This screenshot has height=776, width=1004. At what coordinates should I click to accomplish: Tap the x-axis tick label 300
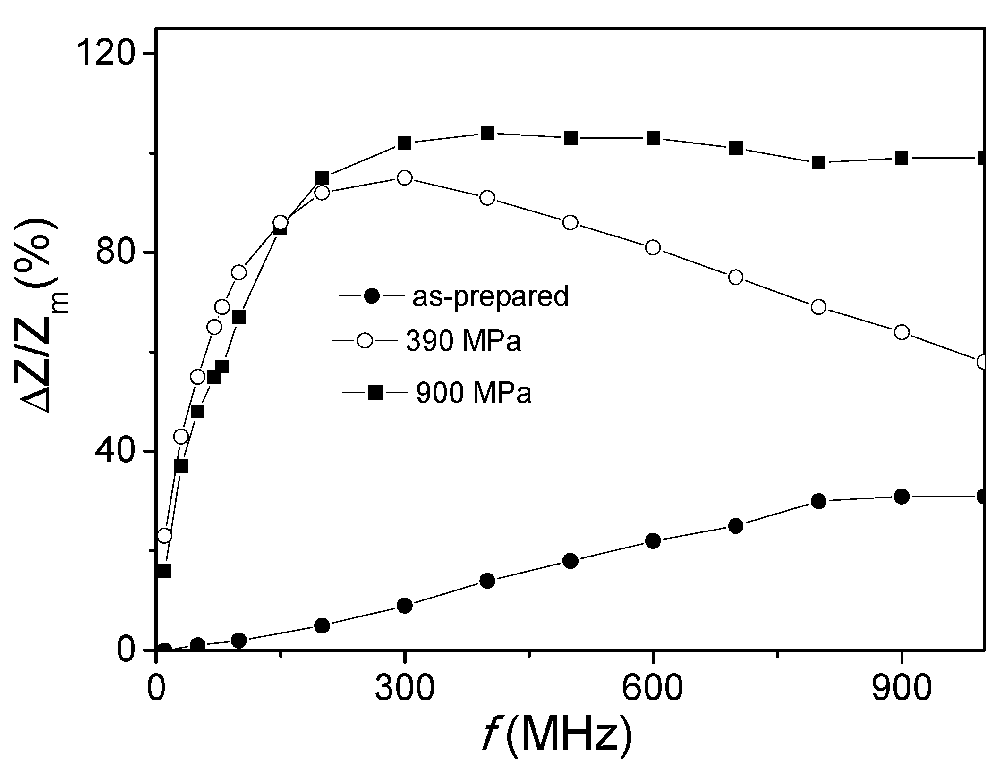pyautogui.click(x=404, y=690)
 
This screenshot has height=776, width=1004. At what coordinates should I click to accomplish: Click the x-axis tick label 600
pyautogui.click(x=652, y=690)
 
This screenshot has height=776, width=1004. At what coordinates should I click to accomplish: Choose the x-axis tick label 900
pyautogui.click(x=901, y=690)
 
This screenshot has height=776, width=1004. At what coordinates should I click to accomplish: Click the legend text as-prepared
pyautogui.click(x=490, y=296)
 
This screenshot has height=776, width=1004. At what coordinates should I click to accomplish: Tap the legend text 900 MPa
pyautogui.click(x=474, y=392)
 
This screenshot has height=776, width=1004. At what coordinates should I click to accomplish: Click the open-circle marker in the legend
pyautogui.click(x=366, y=340)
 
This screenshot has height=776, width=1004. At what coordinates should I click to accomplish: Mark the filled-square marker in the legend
pyautogui.click(x=376, y=392)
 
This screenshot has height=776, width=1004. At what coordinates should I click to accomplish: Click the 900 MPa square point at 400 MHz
pyautogui.click(x=487, y=133)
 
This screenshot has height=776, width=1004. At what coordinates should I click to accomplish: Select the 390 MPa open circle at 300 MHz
pyautogui.click(x=405, y=178)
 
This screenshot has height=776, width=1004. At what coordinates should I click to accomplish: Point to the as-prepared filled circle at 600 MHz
pyautogui.click(x=653, y=541)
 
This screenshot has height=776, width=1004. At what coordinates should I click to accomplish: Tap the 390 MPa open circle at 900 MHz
pyautogui.click(x=902, y=332)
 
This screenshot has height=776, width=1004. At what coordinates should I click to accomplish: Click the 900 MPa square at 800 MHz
pyautogui.click(x=818, y=163)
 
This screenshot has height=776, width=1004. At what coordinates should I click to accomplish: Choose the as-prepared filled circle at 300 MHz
pyautogui.click(x=405, y=606)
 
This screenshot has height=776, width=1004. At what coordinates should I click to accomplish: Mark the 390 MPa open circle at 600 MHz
pyautogui.click(x=653, y=247)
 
